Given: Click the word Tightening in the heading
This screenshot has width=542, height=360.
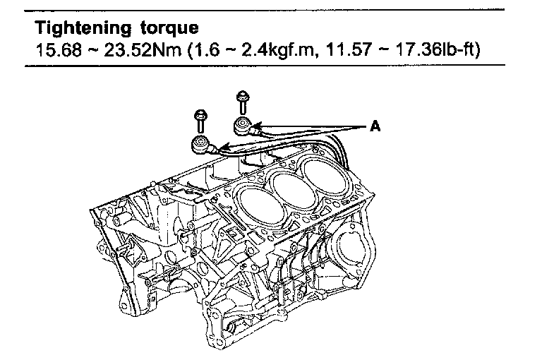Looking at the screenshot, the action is click(x=83, y=28).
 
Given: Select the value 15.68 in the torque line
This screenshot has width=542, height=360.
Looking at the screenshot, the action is click(x=59, y=50).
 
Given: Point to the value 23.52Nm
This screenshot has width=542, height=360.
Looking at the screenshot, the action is click(x=142, y=50).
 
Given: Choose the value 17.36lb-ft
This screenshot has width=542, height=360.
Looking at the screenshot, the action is click(x=437, y=50).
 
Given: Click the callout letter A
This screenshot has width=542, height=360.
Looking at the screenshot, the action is click(x=375, y=126).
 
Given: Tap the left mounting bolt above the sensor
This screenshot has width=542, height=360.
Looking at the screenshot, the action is click(x=201, y=121).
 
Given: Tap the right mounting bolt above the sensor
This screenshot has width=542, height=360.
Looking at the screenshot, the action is click(x=243, y=102).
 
